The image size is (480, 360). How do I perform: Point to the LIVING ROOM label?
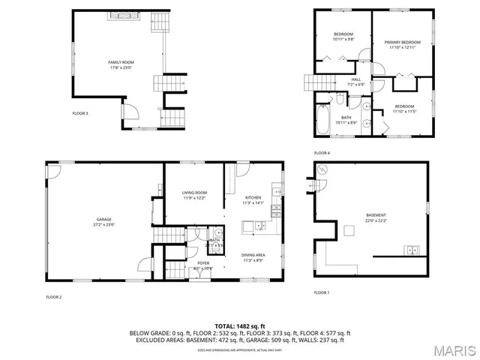(x=193, y=195)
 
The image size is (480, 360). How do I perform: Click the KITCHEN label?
(x=253, y=199)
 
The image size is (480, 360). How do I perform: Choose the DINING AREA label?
(x=253, y=258)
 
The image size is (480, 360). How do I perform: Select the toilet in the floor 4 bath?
(x=340, y=98)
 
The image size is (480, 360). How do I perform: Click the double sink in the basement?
(x=410, y=249)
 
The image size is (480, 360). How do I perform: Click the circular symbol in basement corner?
(x=321, y=169)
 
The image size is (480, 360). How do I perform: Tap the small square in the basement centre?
(x=349, y=230)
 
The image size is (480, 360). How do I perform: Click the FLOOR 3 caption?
(x=79, y=113)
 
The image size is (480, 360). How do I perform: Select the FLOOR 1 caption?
(x=321, y=292)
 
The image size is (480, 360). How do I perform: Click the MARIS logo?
(x=452, y=349)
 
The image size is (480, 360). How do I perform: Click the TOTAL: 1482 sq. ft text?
(x=239, y=325)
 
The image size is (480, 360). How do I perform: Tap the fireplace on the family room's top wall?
(x=120, y=16)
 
